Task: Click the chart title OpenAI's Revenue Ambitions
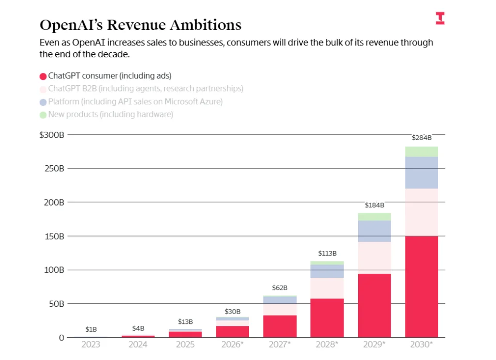coord(140,25)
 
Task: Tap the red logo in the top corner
coord(440,18)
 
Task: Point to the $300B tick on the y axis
coord(52,135)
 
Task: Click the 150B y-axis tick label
coord(54,236)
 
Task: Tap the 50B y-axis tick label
coord(56,304)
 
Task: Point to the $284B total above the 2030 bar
coord(421,138)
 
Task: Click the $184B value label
coord(374,205)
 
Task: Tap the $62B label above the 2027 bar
coord(280,288)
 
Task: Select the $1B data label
coord(91,329)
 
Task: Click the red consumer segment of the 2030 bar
coord(421,287)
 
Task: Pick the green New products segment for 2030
coord(421,151)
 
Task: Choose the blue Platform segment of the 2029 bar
coord(374,231)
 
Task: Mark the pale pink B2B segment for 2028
coord(327,288)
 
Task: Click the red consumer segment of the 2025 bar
coord(185,334)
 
